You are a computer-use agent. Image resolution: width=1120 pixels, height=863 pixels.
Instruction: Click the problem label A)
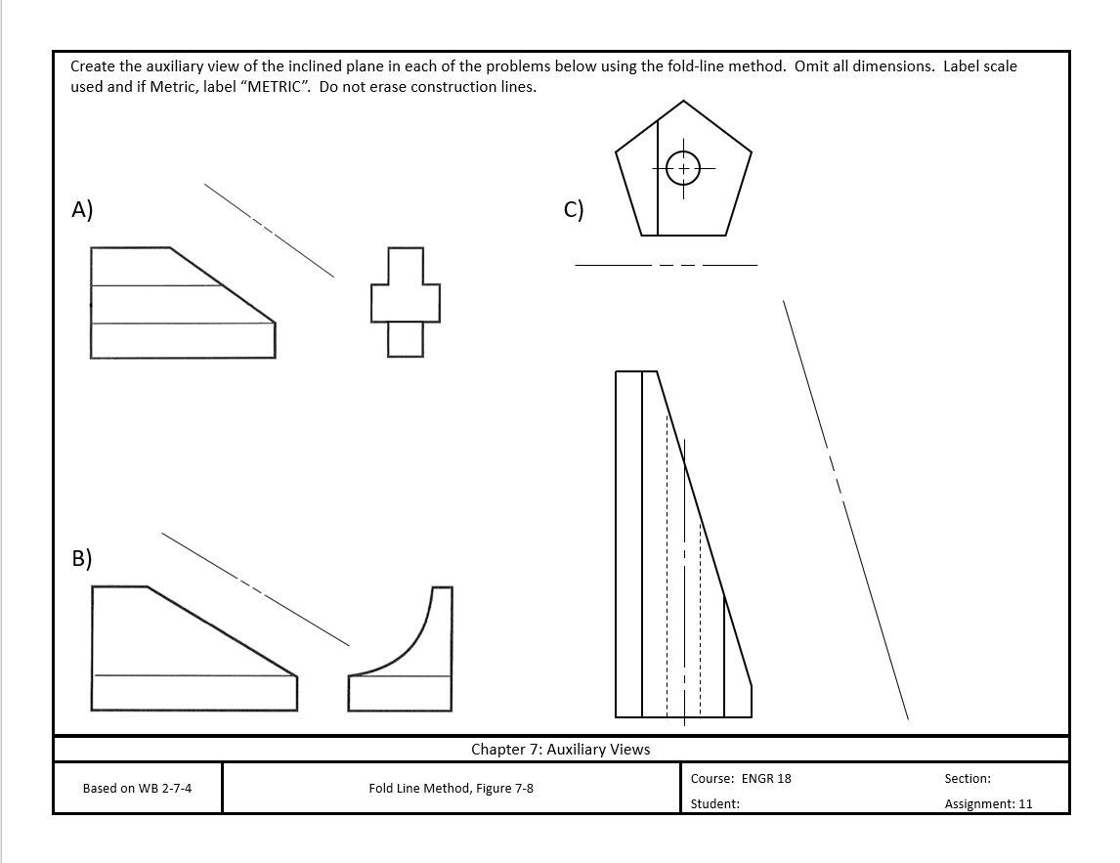pyautogui.click(x=82, y=209)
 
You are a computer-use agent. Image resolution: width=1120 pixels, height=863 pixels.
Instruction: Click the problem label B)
pyautogui.click(x=82, y=558)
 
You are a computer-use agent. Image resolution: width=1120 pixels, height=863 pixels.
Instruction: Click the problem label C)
pyautogui.click(x=574, y=209)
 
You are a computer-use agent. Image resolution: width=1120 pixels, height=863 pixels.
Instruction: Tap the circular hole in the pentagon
pyautogui.click(x=682, y=168)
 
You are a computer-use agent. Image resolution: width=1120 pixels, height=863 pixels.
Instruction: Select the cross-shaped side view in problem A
pyautogui.click(x=406, y=302)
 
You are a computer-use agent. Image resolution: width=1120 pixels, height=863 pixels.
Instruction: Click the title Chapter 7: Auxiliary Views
pyautogui.click(x=560, y=750)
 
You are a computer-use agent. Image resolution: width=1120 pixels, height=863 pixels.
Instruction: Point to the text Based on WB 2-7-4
pyautogui.click(x=137, y=788)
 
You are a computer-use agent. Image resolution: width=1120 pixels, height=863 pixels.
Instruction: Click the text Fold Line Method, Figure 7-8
pyautogui.click(x=451, y=788)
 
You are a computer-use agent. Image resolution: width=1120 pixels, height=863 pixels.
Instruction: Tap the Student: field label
pyautogui.click(x=714, y=803)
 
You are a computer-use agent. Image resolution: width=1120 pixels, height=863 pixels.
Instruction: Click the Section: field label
pyautogui.click(x=967, y=779)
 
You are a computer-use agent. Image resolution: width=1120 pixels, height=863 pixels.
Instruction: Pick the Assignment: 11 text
pyautogui.click(x=988, y=803)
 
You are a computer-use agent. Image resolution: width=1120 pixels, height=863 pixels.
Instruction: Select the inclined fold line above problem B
pyautogui.click(x=254, y=588)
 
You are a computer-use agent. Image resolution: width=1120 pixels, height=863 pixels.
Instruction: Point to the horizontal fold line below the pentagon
pyautogui.click(x=666, y=265)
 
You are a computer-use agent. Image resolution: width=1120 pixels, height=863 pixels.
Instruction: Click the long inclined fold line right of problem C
pyautogui.click(x=844, y=508)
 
